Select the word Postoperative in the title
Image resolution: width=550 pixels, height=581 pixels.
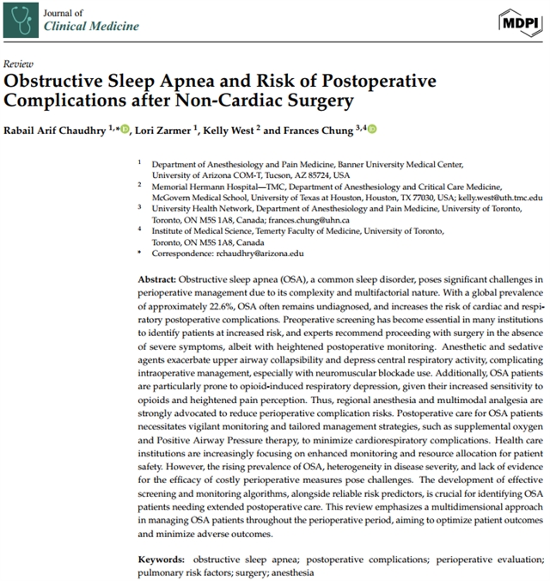(376, 82)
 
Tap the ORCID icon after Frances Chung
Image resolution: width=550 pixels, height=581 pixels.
(371, 129)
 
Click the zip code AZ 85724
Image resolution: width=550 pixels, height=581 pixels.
(323, 174)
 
